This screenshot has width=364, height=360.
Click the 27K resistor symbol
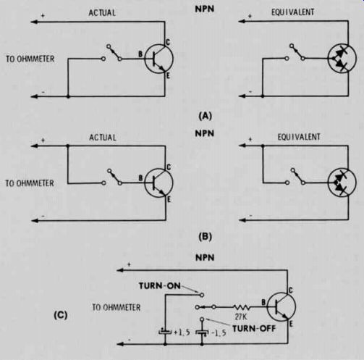242,307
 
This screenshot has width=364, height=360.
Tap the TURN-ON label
160,286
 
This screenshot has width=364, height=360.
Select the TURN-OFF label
254,329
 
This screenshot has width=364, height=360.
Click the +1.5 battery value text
182,332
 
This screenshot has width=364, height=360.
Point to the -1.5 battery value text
219,333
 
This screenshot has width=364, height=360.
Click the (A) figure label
205,116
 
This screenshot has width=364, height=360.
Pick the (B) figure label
205,237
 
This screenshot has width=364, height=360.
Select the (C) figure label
61,315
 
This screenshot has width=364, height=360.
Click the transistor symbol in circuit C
282,306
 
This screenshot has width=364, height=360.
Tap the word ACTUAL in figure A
102,13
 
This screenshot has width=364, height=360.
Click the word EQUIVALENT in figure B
299,137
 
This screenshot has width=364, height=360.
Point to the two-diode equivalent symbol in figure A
342,59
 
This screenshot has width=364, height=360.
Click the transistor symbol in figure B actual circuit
158,183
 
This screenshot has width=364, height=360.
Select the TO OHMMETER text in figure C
117,307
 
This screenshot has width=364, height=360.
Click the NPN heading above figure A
205,9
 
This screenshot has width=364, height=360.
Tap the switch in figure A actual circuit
113,53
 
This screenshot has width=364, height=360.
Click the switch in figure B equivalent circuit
296,177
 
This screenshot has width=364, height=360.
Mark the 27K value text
241,317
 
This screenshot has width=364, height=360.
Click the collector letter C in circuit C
290,290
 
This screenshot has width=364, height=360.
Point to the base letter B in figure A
140,54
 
